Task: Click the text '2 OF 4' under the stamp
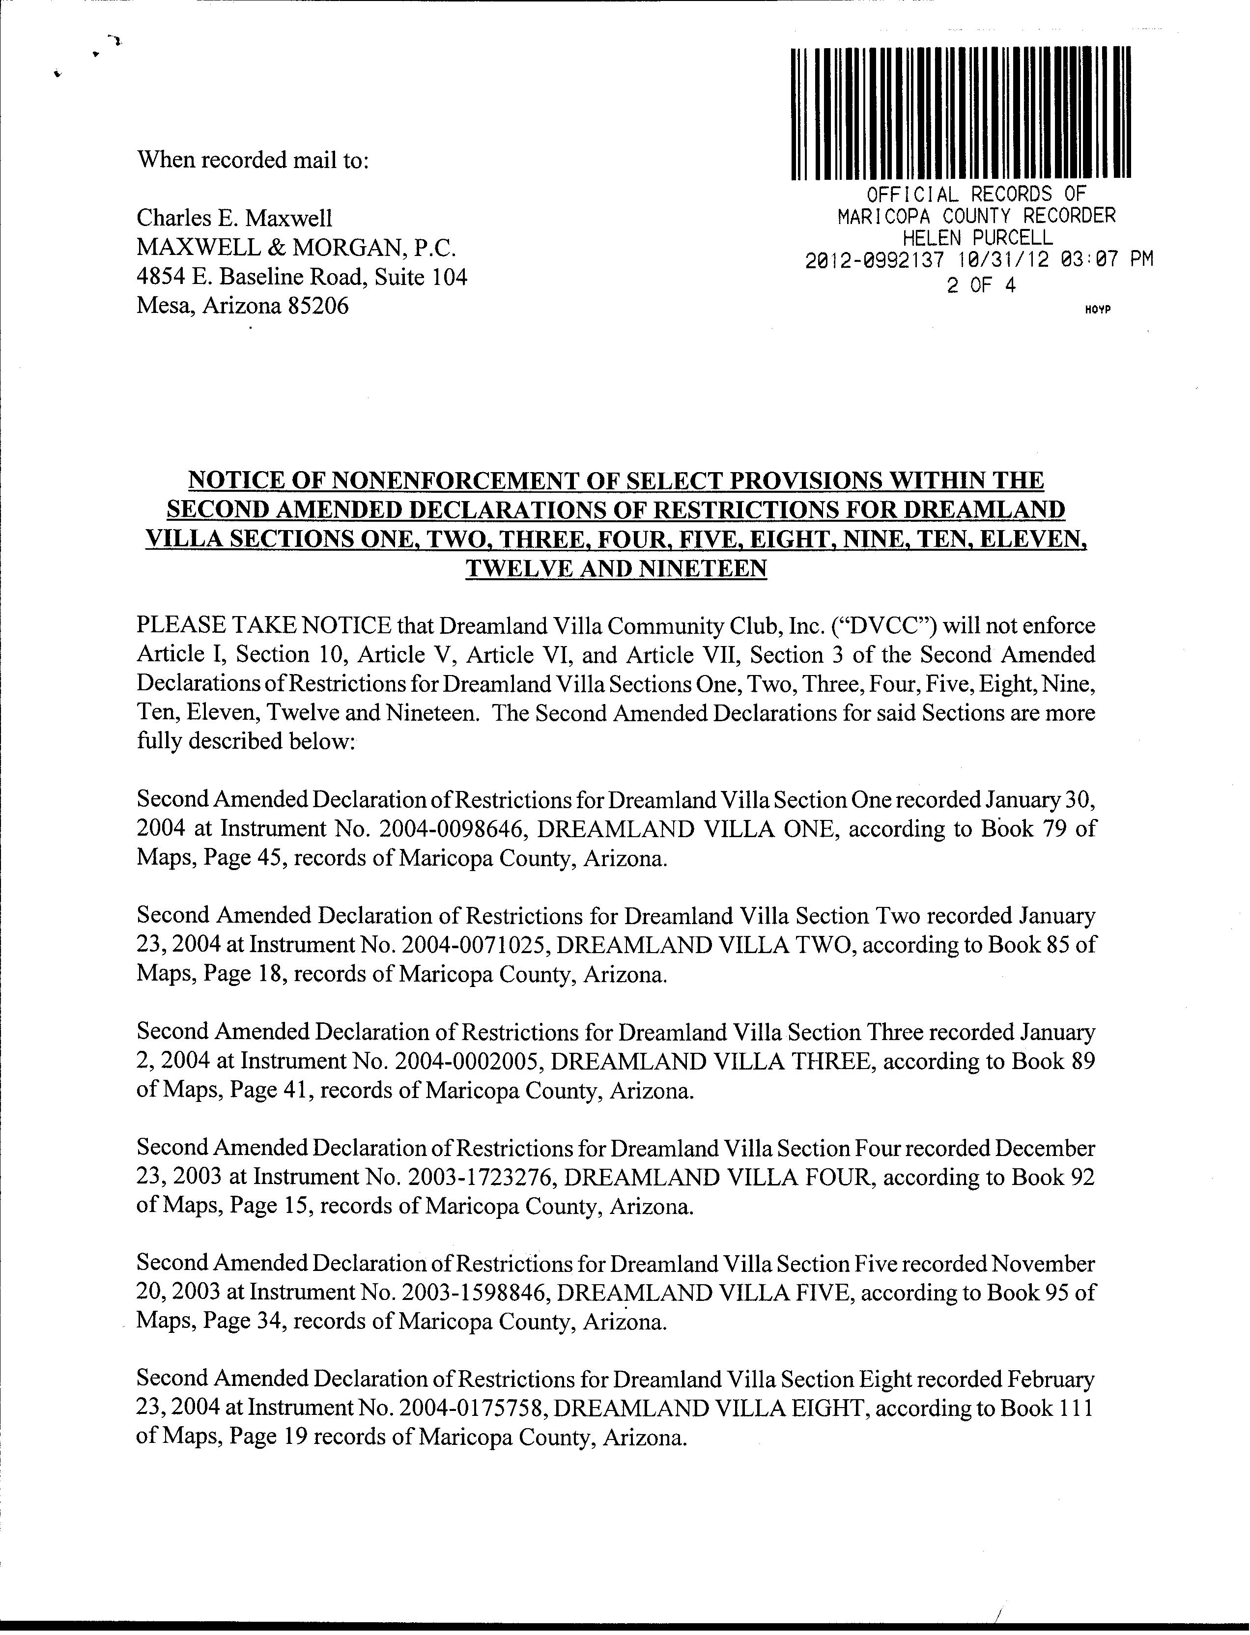(981, 285)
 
